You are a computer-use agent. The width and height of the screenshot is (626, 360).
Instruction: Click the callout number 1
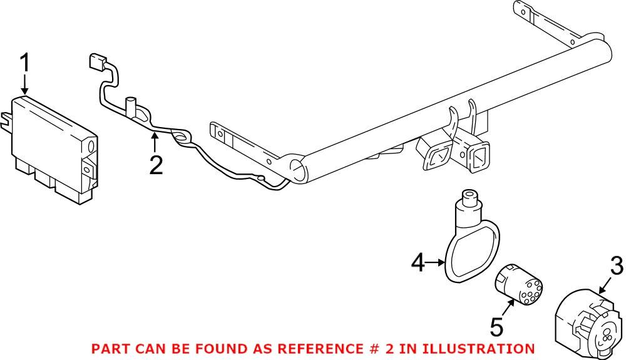coord(25,63)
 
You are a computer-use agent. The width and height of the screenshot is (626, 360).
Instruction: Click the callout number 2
coord(155,164)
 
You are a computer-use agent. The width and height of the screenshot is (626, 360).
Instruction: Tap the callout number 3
coord(617,266)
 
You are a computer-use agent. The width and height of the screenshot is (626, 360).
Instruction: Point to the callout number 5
coord(496,326)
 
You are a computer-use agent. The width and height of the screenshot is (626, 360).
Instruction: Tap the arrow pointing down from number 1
coord(25,85)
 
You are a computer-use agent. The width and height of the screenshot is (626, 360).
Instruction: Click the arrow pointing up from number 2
coord(155,141)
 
